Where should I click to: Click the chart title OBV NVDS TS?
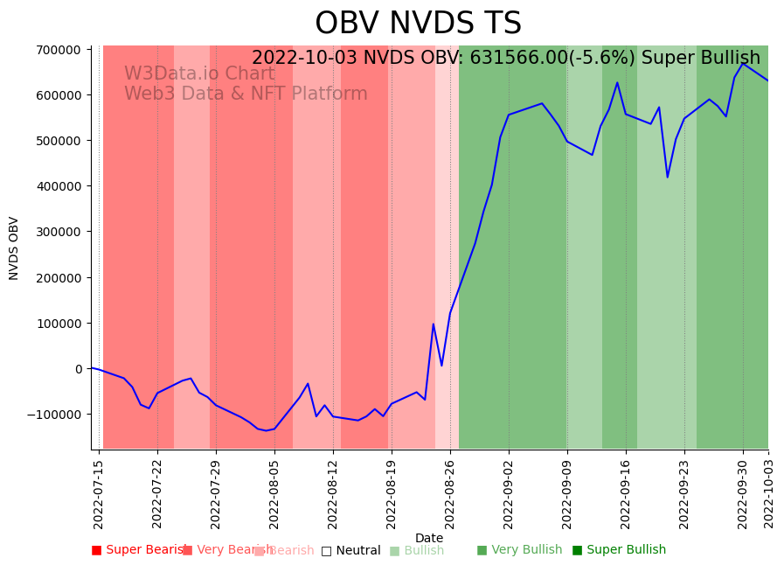pos(418,24)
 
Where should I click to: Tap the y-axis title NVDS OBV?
pos(14,248)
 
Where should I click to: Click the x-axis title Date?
pos(429,538)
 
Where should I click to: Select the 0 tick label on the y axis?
pos(79,369)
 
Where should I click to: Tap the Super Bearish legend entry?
pos(139,550)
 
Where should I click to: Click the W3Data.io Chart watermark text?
pos(199,74)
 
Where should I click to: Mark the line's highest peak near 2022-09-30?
pos(743,63)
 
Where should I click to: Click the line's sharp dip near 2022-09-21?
pos(668,178)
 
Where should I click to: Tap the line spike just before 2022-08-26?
pos(434,324)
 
